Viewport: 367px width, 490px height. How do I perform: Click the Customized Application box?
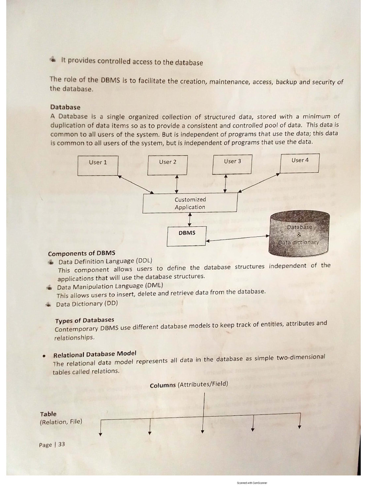tap(190, 203)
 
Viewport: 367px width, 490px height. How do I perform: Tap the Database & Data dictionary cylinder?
tap(299, 234)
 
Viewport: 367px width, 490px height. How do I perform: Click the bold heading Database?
tap(65, 107)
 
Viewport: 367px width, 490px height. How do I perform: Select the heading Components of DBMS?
tap(81, 253)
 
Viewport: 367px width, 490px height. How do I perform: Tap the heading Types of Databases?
tap(85, 320)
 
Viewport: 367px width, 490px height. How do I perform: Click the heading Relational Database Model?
tap(95, 354)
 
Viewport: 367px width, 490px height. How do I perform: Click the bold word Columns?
tap(162, 385)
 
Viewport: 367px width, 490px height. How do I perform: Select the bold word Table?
tap(48, 414)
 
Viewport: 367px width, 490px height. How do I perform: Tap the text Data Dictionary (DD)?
tap(86, 304)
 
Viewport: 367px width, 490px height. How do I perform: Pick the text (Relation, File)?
tap(61, 422)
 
